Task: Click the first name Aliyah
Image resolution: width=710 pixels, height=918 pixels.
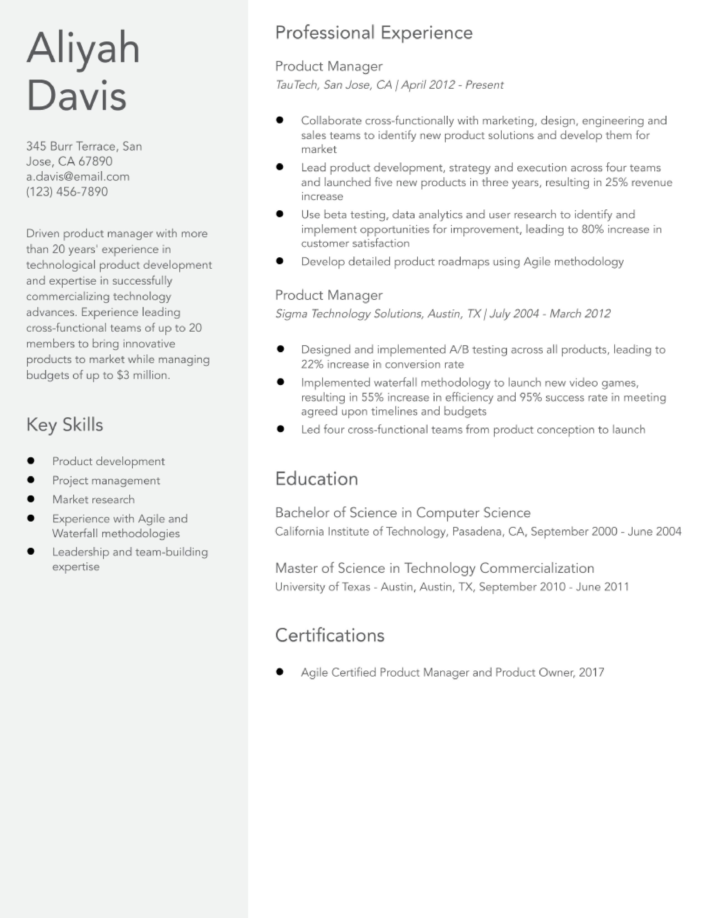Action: [83, 49]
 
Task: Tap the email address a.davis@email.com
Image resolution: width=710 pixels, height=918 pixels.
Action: [78, 177]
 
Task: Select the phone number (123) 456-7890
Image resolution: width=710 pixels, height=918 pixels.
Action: [67, 192]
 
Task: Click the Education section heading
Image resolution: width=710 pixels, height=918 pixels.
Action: [316, 479]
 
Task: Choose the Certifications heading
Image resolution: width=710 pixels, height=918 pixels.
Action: [329, 635]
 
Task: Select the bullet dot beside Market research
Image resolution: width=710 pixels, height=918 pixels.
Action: [31, 499]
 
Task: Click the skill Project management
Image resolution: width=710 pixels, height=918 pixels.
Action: [106, 480]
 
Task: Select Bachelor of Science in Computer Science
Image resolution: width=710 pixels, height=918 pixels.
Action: [403, 513]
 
